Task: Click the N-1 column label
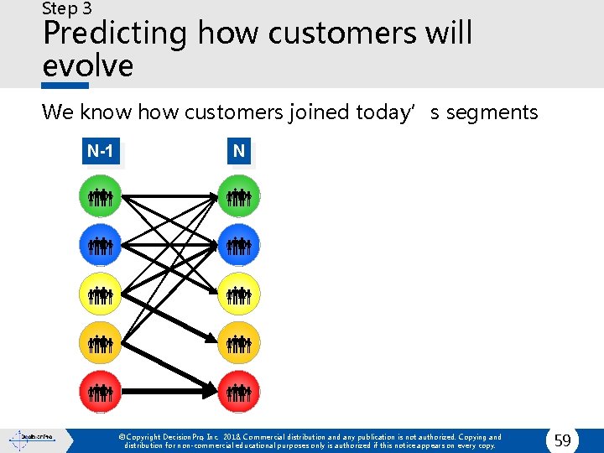pyautogui.click(x=101, y=152)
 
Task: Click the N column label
pyautogui.click(x=239, y=152)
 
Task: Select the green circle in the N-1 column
pyautogui.click(x=101, y=197)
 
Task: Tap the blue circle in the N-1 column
pyautogui.click(x=101, y=246)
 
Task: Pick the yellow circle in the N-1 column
pyautogui.click(x=101, y=294)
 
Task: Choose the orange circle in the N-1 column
pyautogui.click(x=101, y=342)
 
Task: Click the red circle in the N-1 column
pyautogui.click(x=101, y=391)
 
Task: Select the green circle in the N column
pyautogui.click(x=239, y=197)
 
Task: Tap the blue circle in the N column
pyautogui.click(x=239, y=246)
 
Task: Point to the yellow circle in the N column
pyautogui.click(x=239, y=294)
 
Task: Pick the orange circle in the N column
pyautogui.click(x=239, y=342)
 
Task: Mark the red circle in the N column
pyautogui.click(x=239, y=391)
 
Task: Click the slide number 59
pyautogui.click(x=562, y=440)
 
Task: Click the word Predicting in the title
pyautogui.click(x=115, y=34)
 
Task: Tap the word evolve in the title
pyautogui.click(x=87, y=65)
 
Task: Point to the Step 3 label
pyautogui.click(x=67, y=9)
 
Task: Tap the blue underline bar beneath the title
pyautogui.click(x=65, y=86)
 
